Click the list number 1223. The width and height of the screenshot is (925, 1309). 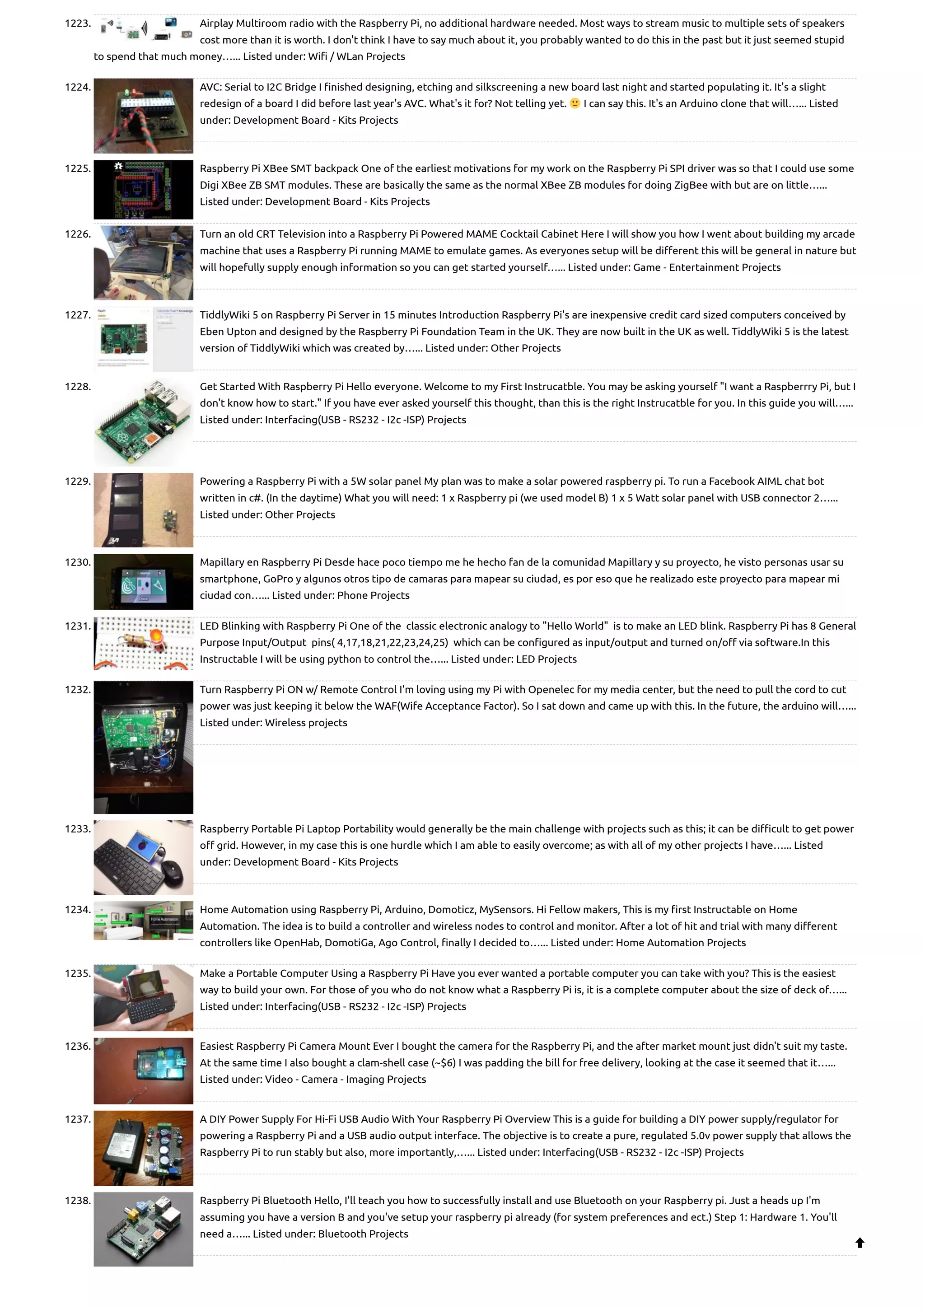click(x=78, y=23)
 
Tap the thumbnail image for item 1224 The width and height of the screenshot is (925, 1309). click(x=143, y=116)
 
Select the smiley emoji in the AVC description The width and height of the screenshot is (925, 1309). click(x=575, y=103)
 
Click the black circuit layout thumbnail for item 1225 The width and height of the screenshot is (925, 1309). click(x=143, y=189)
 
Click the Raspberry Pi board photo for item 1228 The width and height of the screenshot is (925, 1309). click(x=143, y=422)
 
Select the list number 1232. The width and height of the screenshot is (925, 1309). click(x=78, y=690)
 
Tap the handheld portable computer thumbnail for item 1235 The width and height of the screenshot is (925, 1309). click(x=143, y=998)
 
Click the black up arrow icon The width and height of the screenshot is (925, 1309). click(x=860, y=1243)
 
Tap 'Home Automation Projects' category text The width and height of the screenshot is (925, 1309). click(x=681, y=942)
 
